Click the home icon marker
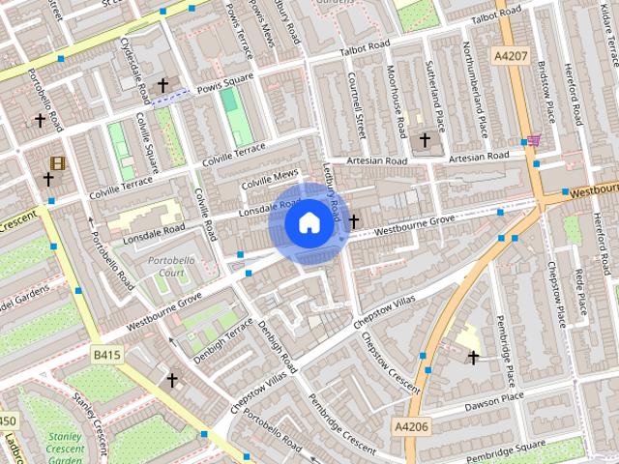pos(309,222)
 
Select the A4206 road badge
pos(412,425)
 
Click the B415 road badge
pos(106,356)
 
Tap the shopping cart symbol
pos(533,140)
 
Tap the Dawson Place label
pos(494,397)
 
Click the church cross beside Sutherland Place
pos(425,140)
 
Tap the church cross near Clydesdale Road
pos(163,85)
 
